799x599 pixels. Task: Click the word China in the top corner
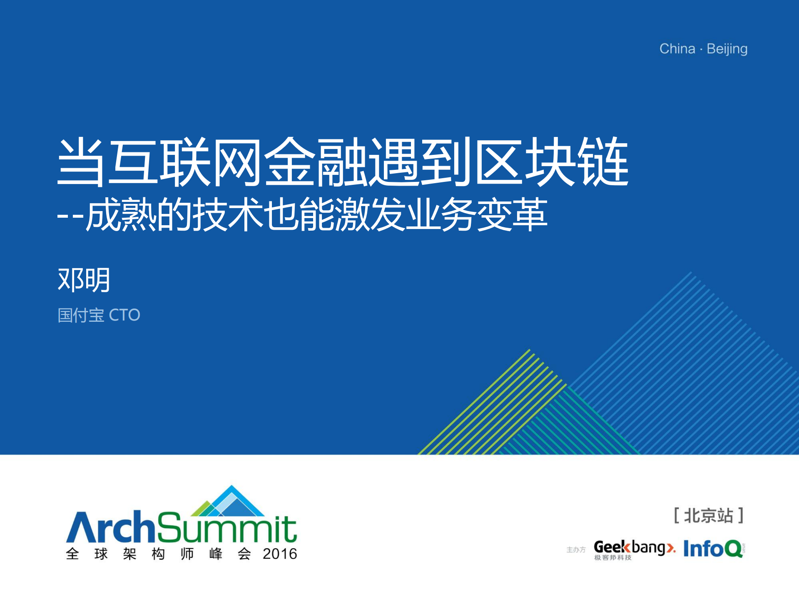coord(677,49)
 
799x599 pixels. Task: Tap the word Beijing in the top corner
coord(727,50)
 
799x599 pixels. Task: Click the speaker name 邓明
coord(84,280)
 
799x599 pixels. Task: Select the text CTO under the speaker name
coord(124,315)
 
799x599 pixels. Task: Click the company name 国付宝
coord(81,315)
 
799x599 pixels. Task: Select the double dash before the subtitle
coord(70,216)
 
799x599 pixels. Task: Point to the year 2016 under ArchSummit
coord(280,554)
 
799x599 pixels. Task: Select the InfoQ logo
coord(713,549)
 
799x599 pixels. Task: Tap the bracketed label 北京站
coord(708,516)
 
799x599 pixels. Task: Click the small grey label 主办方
coord(576,550)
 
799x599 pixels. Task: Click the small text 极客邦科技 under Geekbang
coord(612,558)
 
